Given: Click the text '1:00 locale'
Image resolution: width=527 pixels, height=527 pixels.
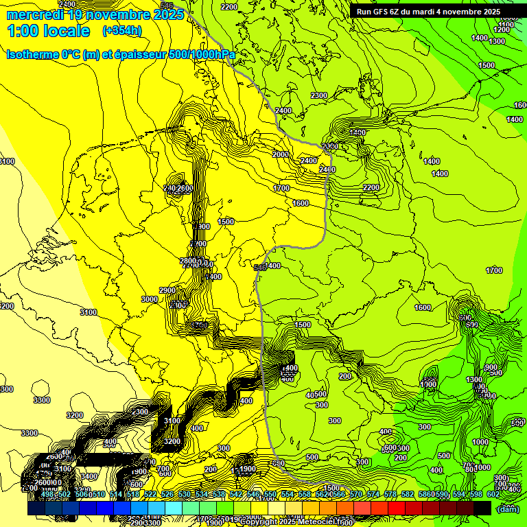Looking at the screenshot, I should point(48,31).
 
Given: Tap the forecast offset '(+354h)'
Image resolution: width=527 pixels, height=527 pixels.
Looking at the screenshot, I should point(122,31).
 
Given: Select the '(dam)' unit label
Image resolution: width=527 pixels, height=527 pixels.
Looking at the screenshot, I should point(507,508).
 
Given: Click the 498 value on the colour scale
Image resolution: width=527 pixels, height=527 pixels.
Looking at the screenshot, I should point(47,494).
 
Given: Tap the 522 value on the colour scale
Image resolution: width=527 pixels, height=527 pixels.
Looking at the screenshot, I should point(150,494).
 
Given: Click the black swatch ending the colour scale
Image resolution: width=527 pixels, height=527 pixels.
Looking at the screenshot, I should point(482,508).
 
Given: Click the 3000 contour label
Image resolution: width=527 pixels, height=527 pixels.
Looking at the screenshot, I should point(149,299).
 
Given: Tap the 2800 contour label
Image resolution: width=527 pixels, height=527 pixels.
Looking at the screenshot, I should point(187,261).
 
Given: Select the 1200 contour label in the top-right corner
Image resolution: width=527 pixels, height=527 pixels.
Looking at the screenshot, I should point(502,30).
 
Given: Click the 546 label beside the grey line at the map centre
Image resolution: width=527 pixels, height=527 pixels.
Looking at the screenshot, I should point(259,267).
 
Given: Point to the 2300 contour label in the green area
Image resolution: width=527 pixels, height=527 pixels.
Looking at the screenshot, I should point(319,95).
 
